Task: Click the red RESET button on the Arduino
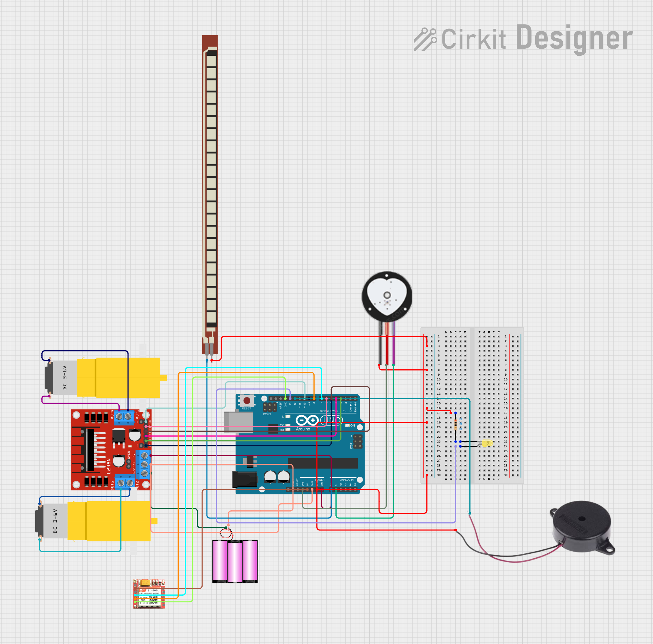coord(247,400)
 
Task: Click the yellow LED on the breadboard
coord(487,443)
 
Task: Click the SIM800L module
coord(149,594)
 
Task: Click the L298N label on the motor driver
coord(109,466)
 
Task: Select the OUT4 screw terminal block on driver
coord(124,417)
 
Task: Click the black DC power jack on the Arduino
coord(245,479)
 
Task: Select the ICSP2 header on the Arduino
coord(270,407)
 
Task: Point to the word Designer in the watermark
coord(574,38)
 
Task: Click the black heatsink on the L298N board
coord(90,449)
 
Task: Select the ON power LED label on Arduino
coord(352,425)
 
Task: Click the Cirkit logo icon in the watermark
coord(424,39)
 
